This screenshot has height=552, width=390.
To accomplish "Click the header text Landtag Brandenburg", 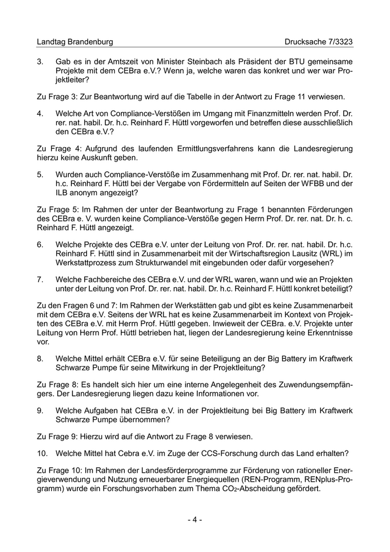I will (74, 42).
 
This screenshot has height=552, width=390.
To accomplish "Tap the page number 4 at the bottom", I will (194, 520).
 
